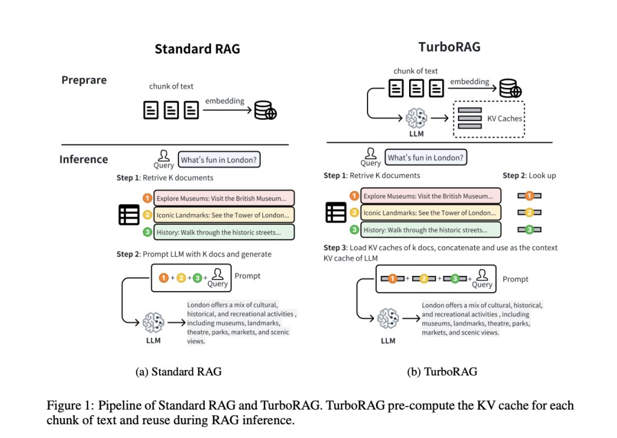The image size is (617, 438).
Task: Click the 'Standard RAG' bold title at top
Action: click(197, 49)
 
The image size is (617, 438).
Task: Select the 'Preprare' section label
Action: click(84, 80)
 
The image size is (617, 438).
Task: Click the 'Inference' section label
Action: click(83, 159)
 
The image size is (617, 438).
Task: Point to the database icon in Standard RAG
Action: click(265, 111)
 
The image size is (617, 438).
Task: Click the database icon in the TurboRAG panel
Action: click(509, 90)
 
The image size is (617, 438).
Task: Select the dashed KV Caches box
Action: click(489, 119)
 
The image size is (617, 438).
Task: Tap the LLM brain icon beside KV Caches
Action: click(416, 117)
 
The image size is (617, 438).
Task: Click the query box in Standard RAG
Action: click(219, 160)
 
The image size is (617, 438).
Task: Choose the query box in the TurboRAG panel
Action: click(426, 158)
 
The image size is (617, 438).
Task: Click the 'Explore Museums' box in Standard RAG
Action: click(224, 198)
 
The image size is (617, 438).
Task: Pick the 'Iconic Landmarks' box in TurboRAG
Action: click(430, 213)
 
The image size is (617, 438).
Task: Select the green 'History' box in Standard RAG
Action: click(224, 232)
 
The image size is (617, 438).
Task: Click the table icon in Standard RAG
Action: click(129, 215)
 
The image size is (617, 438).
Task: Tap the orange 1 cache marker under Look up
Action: click(529, 196)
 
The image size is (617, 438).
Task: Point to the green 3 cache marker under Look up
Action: click(529, 230)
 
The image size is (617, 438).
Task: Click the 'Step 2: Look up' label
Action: click(529, 175)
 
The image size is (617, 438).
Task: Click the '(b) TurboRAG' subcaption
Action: click(442, 372)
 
